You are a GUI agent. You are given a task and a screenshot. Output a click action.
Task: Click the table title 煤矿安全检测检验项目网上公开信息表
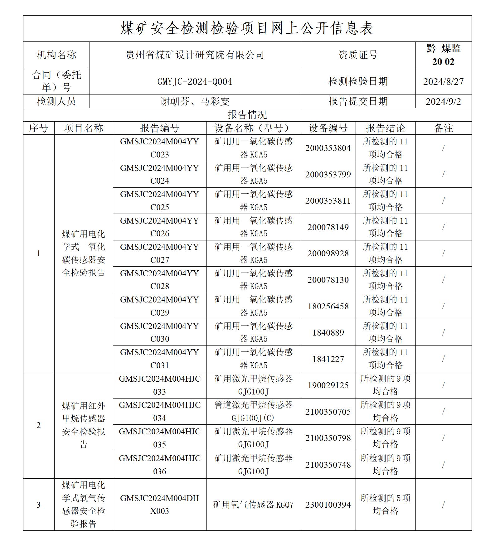pyautogui.click(x=247, y=28)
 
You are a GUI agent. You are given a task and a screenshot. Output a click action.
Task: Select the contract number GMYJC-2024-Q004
pyautogui.click(x=195, y=82)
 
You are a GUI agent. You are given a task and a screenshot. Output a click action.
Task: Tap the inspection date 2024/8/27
pyautogui.click(x=443, y=82)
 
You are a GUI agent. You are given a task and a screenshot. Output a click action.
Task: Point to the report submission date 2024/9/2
pyautogui.click(x=443, y=101)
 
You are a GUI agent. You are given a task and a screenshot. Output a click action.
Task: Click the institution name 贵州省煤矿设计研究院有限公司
pyautogui.click(x=195, y=55)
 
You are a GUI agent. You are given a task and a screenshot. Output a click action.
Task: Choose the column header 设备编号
pyautogui.click(x=328, y=128)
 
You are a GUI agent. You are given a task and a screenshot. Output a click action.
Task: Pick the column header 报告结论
pyautogui.click(x=386, y=128)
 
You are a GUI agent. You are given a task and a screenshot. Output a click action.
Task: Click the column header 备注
pyautogui.click(x=443, y=128)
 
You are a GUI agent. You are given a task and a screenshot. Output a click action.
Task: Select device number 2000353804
pyautogui.click(x=328, y=148)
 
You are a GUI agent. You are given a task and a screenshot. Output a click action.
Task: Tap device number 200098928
pyautogui.click(x=328, y=254)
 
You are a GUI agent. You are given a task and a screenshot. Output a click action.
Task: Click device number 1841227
pyautogui.click(x=328, y=359)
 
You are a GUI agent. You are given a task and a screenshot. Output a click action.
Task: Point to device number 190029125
pyautogui.click(x=328, y=385)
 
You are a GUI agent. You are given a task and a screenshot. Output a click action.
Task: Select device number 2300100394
pyautogui.click(x=328, y=505)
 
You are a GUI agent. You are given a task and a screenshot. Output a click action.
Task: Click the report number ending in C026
pyautogui.click(x=159, y=227)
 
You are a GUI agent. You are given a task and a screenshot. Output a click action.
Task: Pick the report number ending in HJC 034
pyautogui.click(x=159, y=412)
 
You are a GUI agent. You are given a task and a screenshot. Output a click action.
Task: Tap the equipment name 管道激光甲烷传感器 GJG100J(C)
pyautogui.click(x=253, y=412)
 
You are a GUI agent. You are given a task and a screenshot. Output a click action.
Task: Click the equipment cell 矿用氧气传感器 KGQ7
pyautogui.click(x=253, y=505)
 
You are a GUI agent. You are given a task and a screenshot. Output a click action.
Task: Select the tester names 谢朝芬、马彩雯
pyautogui.click(x=195, y=101)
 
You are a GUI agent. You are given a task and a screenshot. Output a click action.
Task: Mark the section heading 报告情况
pyautogui.click(x=247, y=115)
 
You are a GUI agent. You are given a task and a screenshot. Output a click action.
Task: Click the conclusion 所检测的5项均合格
pyautogui.click(x=386, y=505)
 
